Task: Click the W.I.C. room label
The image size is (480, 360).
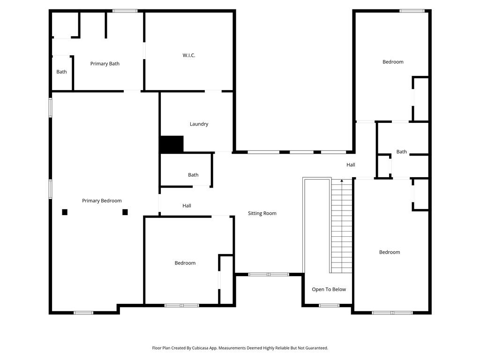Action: pyautogui.click(x=189, y=55)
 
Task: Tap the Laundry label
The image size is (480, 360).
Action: pyautogui.click(x=199, y=124)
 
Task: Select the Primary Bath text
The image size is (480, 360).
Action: pyautogui.click(x=105, y=64)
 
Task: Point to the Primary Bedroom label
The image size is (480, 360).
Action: pyautogui.click(x=102, y=201)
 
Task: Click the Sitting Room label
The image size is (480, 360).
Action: pyautogui.click(x=262, y=213)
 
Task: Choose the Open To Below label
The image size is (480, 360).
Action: pyautogui.click(x=329, y=289)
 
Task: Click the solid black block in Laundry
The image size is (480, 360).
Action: pyautogui.click(x=172, y=144)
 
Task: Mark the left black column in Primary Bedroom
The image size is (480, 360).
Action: pyautogui.click(x=65, y=212)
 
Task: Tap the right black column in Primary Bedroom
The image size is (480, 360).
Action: pyautogui.click(x=125, y=212)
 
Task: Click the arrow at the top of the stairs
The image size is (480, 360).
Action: pyautogui.click(x=342, y=180)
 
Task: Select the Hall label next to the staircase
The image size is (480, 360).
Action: pyautogui.click(x=351, y=165)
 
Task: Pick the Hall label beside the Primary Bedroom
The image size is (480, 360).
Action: pyautogui.click(x=187, y=206)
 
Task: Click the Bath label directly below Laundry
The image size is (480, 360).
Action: pyautogui.click(x=193, y=175)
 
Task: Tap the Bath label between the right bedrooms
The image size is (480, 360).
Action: pyautogui.click(x=402, y=152)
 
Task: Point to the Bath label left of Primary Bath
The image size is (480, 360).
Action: pyautogui.click(x=61, y=72)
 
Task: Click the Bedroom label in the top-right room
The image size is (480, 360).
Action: pyautogui.click(x=393, y=62)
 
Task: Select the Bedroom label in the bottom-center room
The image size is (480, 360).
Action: pyautogui.click(x=185, y=263)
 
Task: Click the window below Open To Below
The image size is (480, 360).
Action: pyautogui.click(x=329, y=306)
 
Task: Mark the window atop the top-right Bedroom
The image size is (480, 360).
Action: pyautogui.click(x=412, y=11)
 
